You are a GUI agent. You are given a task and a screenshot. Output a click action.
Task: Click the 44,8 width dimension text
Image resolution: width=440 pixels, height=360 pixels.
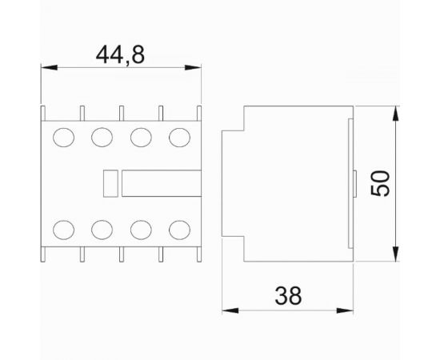120,55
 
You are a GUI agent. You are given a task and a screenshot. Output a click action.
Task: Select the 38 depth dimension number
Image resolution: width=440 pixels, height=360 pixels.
288,296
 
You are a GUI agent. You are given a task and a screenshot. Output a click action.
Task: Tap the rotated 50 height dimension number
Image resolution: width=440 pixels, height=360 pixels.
381,183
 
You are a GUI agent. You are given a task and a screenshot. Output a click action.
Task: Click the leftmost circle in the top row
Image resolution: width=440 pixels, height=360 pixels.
64,138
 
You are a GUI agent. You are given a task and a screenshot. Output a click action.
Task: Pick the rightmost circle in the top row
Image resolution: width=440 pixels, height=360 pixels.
179,138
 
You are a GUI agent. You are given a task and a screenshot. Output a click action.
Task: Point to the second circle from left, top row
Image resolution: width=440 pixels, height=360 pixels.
102,138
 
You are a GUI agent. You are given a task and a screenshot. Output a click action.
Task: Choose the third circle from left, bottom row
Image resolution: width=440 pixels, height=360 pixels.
141,230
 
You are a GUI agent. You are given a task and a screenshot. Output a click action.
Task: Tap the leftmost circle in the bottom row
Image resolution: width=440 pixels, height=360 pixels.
64,230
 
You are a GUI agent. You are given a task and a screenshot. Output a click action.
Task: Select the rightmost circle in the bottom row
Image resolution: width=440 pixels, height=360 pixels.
179,230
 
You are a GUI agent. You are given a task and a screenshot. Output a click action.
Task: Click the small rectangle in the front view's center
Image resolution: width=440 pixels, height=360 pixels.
110,183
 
